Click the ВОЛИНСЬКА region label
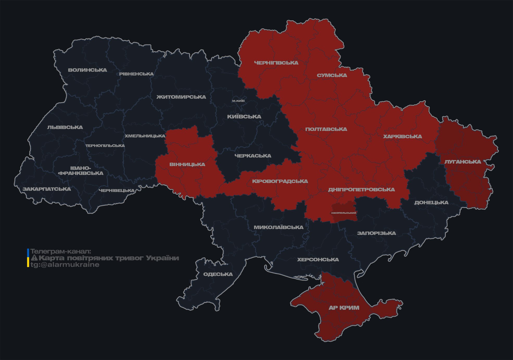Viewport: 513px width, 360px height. pyautogui.click(x=87, y=70)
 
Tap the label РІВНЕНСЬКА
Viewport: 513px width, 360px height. pyautogui.click(x=136, y=74)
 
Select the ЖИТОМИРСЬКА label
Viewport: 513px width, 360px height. pyautogui.click(x=181, y=97)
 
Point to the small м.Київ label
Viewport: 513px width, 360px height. pyautogui.click(x=238, y=101)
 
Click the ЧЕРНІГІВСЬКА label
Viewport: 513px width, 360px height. pyautogui.click(x=276, y=63)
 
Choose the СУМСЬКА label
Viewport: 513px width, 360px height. pyautogui.click(x=332, y=75)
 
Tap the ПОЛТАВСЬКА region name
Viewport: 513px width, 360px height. pyautogui.click(x=326, y=129)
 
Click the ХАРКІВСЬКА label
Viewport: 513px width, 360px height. pyautogui.click(x=402, y=137)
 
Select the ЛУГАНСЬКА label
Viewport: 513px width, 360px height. pyautogui.click(x=463, y=162)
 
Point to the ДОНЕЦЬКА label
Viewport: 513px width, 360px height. pyautogui.click(x=431, y=203)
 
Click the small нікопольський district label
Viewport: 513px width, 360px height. pyautogui.click(x=344, y=213)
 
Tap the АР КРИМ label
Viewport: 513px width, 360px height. pyautogui.click(x=344, y=308)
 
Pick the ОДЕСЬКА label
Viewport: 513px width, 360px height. pyautogui.click(x=218, y=274)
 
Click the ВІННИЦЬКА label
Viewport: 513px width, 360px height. pyautogui.click(x=187, y=165)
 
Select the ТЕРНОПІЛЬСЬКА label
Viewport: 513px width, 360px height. pyautogui.click(x=105, y=146)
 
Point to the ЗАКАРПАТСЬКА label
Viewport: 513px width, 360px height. pyautogui.click(x=47, y=189)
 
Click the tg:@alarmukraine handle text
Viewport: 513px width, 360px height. pyautogui.click(x=65, y=265)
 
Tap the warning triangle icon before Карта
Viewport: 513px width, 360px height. pyautogui.click(x=34, y=258)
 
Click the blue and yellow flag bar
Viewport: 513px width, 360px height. pyautogui.click(x=28, y=258)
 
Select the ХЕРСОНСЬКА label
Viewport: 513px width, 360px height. pyautogui.click(x=318, y=260)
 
